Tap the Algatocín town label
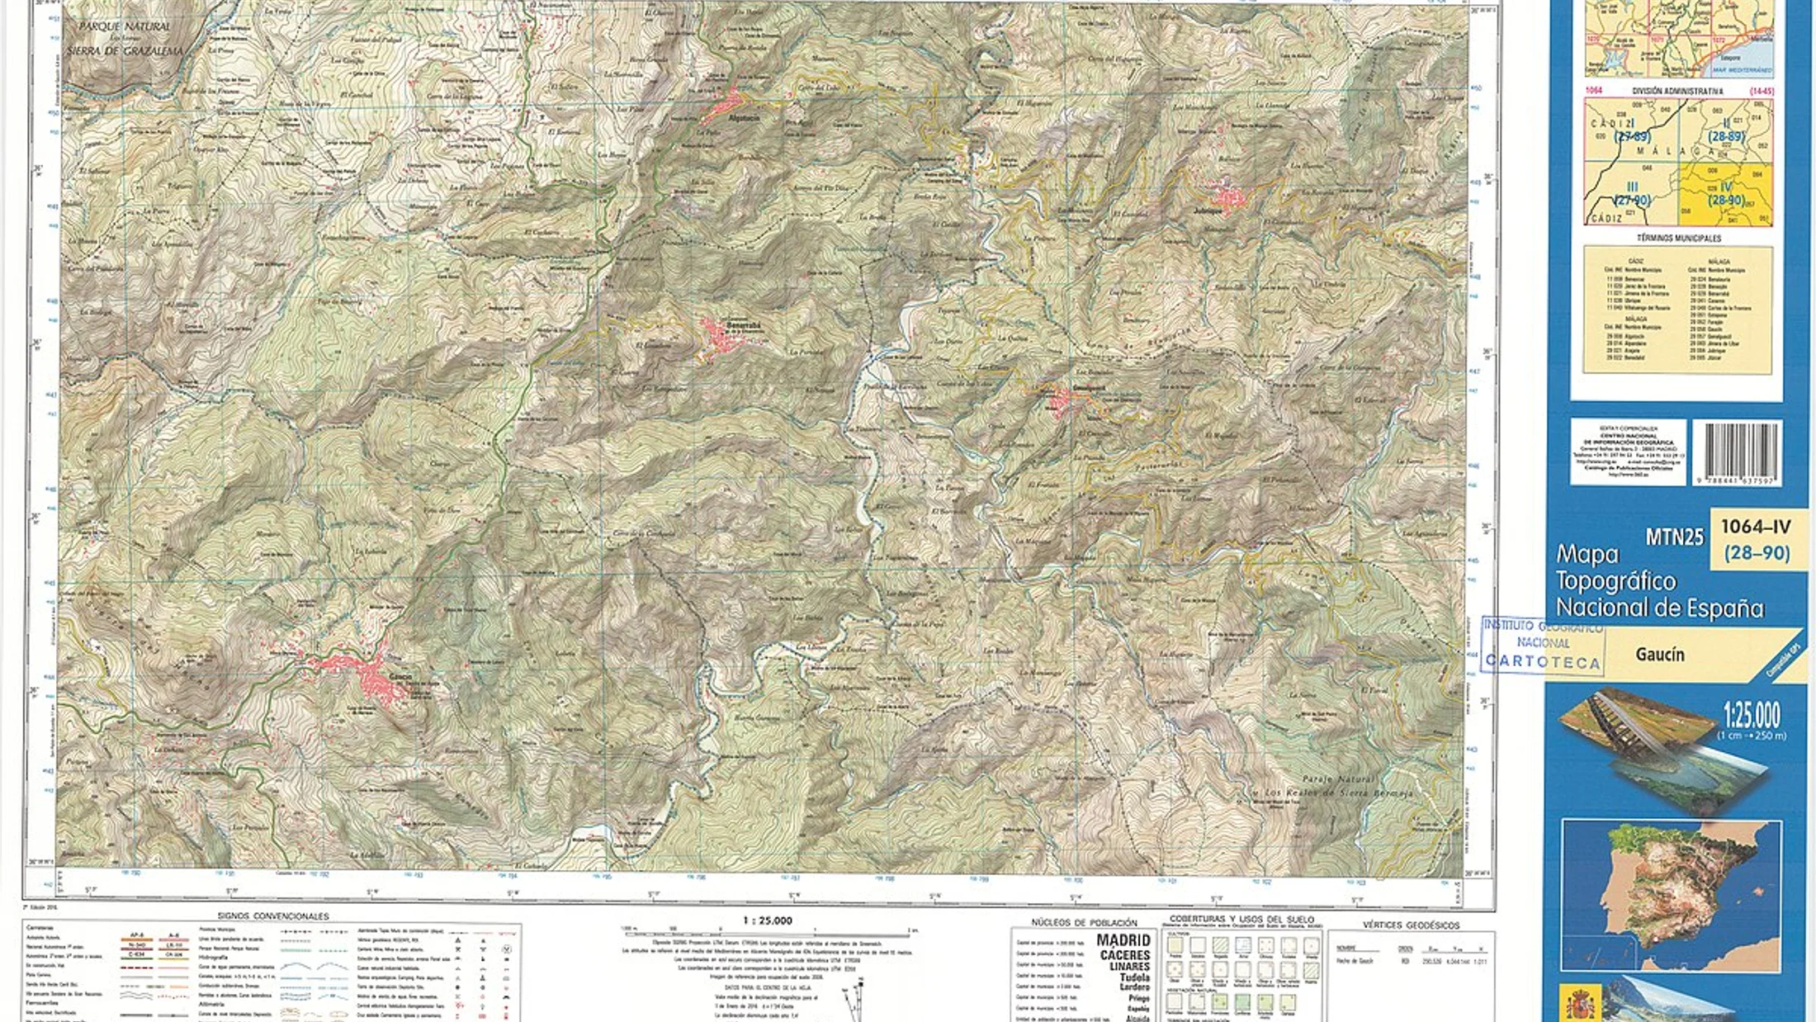click(x=739, y=119)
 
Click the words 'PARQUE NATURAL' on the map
click(x=125, y=26)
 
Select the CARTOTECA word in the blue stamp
click(x=1542, y=662)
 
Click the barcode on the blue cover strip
click(x=1737, y=452)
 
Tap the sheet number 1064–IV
click(x=1756, y=527)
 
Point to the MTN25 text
click(x=1674, y=537)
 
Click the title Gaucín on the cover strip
click(x=1659, y=655)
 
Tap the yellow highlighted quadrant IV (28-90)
click(x=1725, y=194)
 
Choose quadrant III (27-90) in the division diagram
click(x=1631, y=194)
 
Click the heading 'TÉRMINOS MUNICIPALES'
click(x=1678, y=238)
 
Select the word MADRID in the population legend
click(x=1123, y=940)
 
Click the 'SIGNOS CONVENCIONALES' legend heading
click(x=272, y=916)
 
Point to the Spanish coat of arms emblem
click(x=1580, y=1003)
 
